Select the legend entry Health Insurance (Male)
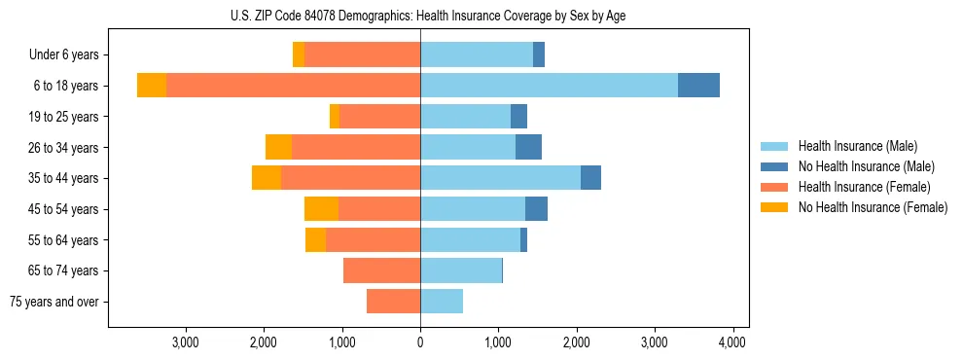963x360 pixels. [x=856, y=146]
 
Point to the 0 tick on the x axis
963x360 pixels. [x=420, y=342]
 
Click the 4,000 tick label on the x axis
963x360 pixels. [x=732, y=342]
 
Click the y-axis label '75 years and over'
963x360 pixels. [x=54, y=302]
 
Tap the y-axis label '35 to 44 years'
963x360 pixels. [x=63, y=178]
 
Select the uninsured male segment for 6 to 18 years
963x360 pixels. [x=698, y=86]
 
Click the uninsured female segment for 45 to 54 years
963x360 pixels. [x=321, y=209]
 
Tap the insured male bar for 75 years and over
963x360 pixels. [x=442, y=302]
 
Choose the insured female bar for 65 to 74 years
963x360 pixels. [x=381, y=270]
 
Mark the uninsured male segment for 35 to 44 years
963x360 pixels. [x=590, y=178]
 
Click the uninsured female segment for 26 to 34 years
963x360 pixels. [x=278, y=147]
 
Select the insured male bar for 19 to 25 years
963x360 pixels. [x=465, y=117]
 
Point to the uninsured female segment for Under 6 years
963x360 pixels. [x=299, y=55]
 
